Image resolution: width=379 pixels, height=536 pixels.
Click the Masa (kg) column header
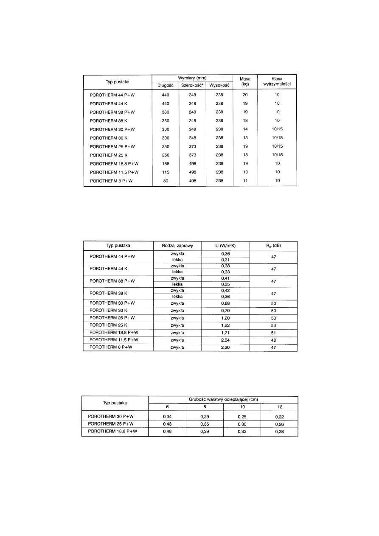[245, 81]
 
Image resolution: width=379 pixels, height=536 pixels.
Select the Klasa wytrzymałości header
[277, 81]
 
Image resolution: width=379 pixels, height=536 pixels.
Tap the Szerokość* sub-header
[192, 85]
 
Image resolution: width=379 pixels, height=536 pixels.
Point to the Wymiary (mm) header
[192, 78]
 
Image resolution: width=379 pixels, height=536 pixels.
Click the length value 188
[165, 163]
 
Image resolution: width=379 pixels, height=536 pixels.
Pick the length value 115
[165, 172]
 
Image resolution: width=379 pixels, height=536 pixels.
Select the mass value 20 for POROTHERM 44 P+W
[245, 95]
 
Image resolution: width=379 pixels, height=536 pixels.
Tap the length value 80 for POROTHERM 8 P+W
[165, 180]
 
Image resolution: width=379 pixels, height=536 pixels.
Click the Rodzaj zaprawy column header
[177, 246]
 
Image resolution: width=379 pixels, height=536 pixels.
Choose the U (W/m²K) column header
[225, 246]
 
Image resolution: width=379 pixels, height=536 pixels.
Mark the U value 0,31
[225, 259]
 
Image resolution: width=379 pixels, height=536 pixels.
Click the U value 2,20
[225, 347]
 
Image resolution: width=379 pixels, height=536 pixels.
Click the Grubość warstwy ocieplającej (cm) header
[223, 399]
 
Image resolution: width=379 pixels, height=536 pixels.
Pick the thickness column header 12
[279, 407]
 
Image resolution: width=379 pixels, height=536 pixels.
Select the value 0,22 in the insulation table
[279, 416]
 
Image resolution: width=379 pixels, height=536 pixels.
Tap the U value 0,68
[225, 303]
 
